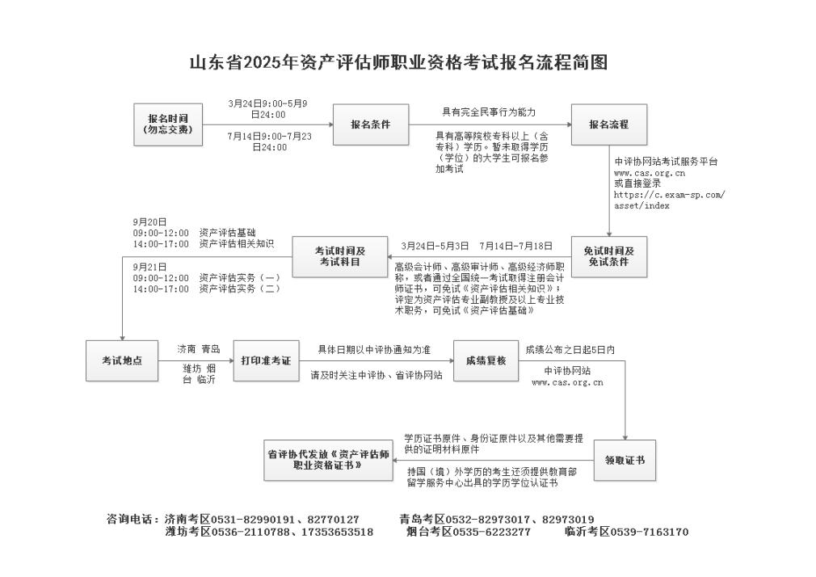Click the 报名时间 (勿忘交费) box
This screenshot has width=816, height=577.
pyautogui.click(x=168, y=124)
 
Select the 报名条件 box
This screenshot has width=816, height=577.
pyautogui.click(x=371, y=124)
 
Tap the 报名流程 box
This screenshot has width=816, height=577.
pyautogui.click(x=609, y=124)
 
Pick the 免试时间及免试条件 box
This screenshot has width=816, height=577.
pyautogui.click(x=609, y=257)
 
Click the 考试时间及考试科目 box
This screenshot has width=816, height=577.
pyautogui.click(x=340, y=257)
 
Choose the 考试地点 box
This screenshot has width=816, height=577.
pyautogui.click(x=122, y=361)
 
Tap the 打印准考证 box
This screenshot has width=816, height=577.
pyautogui.click(x=266, y=361)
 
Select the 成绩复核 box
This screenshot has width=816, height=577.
pyautogui.click(x=486, y=361)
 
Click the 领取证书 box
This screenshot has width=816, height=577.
pyautogui.click(x=625, y=461)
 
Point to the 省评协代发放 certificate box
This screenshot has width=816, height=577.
pyautogui.click(x=328, y=461)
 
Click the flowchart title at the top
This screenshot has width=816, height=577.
pyautogui.click(x=398, y=62)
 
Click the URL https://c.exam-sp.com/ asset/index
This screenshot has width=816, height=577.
pyautogui.click(x=669, y=200)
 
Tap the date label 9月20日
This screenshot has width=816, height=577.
pyautogui.click(x=149, y=222)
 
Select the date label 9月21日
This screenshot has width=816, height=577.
pyautogui.click(x=149, y=267)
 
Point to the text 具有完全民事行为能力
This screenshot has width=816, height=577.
pyautogui.click(x=489, y=112)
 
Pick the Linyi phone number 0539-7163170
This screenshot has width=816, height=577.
pyautogui.click(x=649, y=533)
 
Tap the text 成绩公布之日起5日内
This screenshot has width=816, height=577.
pyautogui.click(x=570, y=350)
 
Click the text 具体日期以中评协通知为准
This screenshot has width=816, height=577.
pyautogui.click(x=374, y=350)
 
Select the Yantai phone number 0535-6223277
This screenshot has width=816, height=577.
pyautogui.click(x=492, y=533)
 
